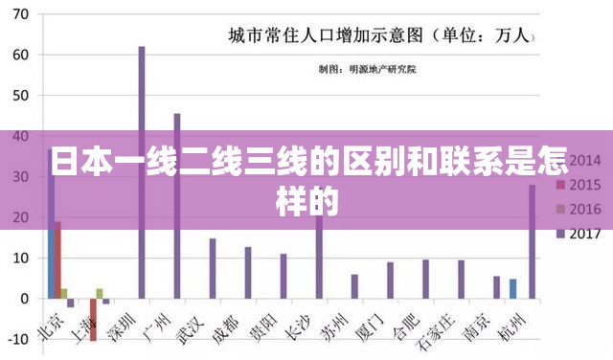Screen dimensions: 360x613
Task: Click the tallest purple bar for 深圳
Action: (141, 172)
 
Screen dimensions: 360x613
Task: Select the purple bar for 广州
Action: (176, 206)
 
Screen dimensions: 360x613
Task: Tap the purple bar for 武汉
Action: (212, 268)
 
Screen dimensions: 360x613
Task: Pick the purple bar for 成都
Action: (247, 273)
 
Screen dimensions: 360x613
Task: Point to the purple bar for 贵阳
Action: (283, 276)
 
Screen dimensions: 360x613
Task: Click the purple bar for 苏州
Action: (353, 286)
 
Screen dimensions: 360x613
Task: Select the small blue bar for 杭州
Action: (512, 288)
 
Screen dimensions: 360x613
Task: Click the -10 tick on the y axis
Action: (19, 339)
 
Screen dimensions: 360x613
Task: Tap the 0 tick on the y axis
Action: (25, 299)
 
